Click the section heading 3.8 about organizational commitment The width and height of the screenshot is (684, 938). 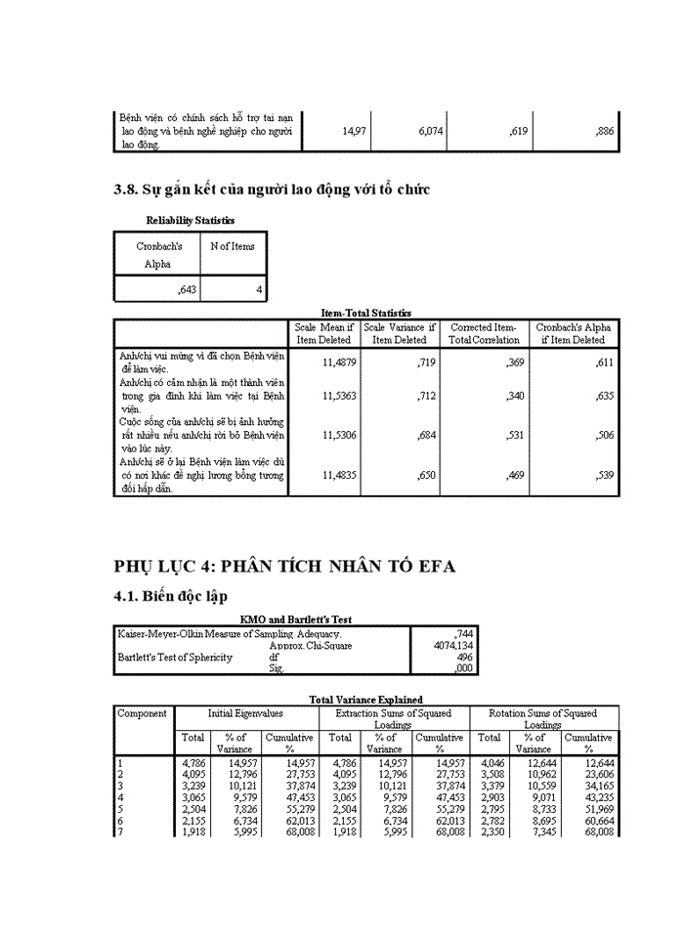(x=272, y=190)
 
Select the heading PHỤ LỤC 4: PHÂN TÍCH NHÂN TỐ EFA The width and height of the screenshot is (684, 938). (x=284, y=567)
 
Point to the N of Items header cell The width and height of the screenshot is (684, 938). (x=233, y=246)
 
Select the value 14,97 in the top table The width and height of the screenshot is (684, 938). (x=354, y=131)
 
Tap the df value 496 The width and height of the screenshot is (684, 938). (x=465, y=658)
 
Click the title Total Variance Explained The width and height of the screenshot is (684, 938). (x=365, y=700)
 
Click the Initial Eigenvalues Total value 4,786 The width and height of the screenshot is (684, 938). (x=193, y=762)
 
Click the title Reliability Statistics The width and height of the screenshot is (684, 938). (x=190, y=221)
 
